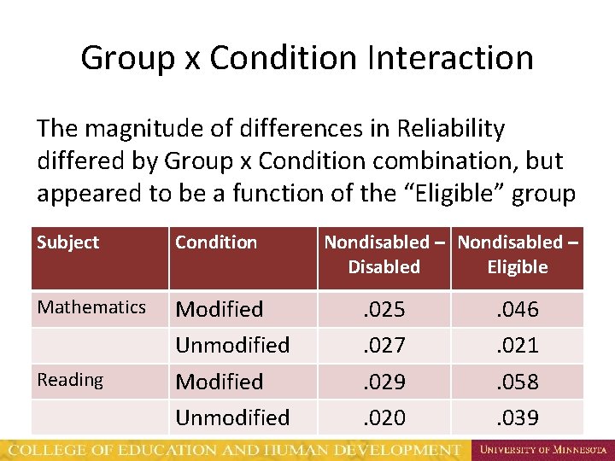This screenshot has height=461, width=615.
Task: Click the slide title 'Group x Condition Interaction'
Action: coord(307,58)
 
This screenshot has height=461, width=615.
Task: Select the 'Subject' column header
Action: coord(68,242)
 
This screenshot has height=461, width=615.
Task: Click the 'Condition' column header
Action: coord(216,242)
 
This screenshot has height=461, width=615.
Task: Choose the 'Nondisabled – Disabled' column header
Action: coord(384,254)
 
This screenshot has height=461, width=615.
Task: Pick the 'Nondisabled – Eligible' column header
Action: coord(518,254)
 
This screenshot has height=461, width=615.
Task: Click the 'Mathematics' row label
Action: coord(92,307)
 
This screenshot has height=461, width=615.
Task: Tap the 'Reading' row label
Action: coord(70,380)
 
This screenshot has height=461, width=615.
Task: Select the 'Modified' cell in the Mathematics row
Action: coord(220,309)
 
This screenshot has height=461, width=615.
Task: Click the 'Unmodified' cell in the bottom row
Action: coord(232,417)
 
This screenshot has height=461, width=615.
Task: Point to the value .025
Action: coord(384,309)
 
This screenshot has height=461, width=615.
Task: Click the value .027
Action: coord(384,345)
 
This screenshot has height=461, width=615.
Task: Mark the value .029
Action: coord(384,382)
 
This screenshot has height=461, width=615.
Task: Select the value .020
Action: coord(384,417)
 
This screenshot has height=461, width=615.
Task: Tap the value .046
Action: coord(518,309)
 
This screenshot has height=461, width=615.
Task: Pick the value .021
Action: coord(518,345)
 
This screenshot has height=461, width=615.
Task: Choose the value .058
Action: coord(518,382)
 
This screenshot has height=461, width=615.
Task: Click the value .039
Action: coord(518,417)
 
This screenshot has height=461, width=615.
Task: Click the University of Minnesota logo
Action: coord(542,448)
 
